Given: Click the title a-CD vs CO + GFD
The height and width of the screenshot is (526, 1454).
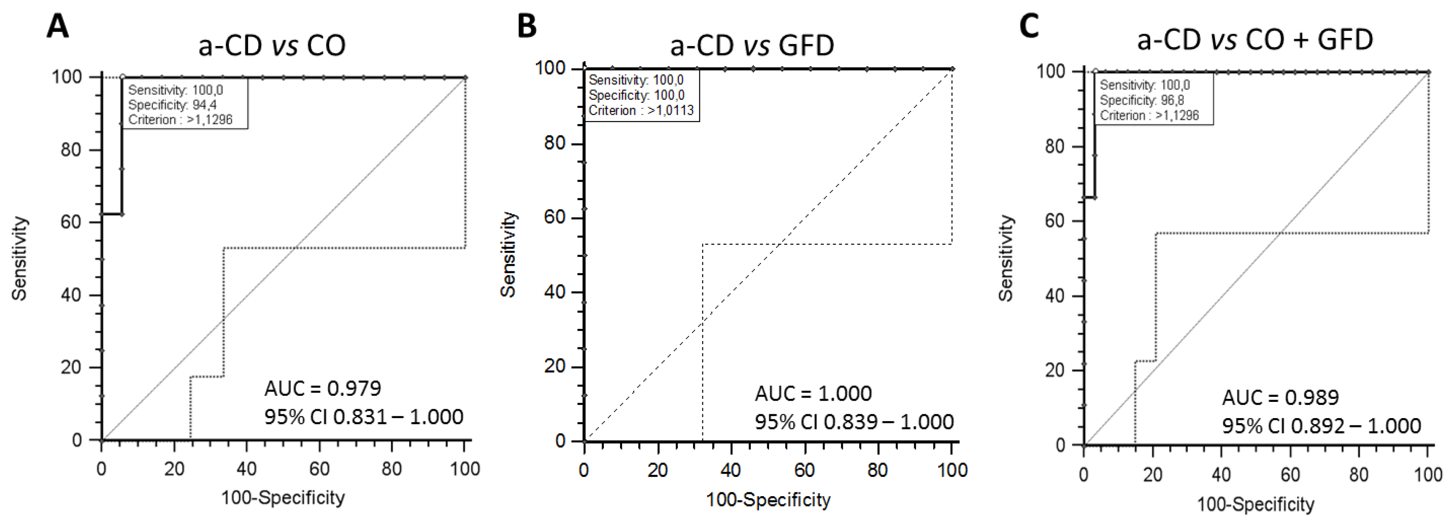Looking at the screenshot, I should click(x=1255, y=40).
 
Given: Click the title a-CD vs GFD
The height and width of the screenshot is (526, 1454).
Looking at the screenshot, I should click(x=752, y=45).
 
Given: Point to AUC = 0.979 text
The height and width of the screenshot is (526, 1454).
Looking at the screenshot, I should click(x=323, y=388).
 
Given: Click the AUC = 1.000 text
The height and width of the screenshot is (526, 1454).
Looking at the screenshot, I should click(x=813, y=393).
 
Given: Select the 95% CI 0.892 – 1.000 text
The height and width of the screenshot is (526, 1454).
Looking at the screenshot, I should click(x=1321, y=426).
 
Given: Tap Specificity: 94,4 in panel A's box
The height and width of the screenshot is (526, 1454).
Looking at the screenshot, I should click(x=172, y=105).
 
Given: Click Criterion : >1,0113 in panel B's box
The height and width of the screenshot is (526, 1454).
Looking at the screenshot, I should click(x=641, y=110).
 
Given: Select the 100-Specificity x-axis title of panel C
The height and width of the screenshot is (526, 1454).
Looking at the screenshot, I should click(x=1256, y=504).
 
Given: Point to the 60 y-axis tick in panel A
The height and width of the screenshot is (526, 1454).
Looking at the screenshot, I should click(x=72, y=222).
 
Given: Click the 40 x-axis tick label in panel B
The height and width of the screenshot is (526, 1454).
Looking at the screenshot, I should click(x=731, y=470).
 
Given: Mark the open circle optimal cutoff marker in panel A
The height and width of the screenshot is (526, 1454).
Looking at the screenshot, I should click(x=122, y=76).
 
